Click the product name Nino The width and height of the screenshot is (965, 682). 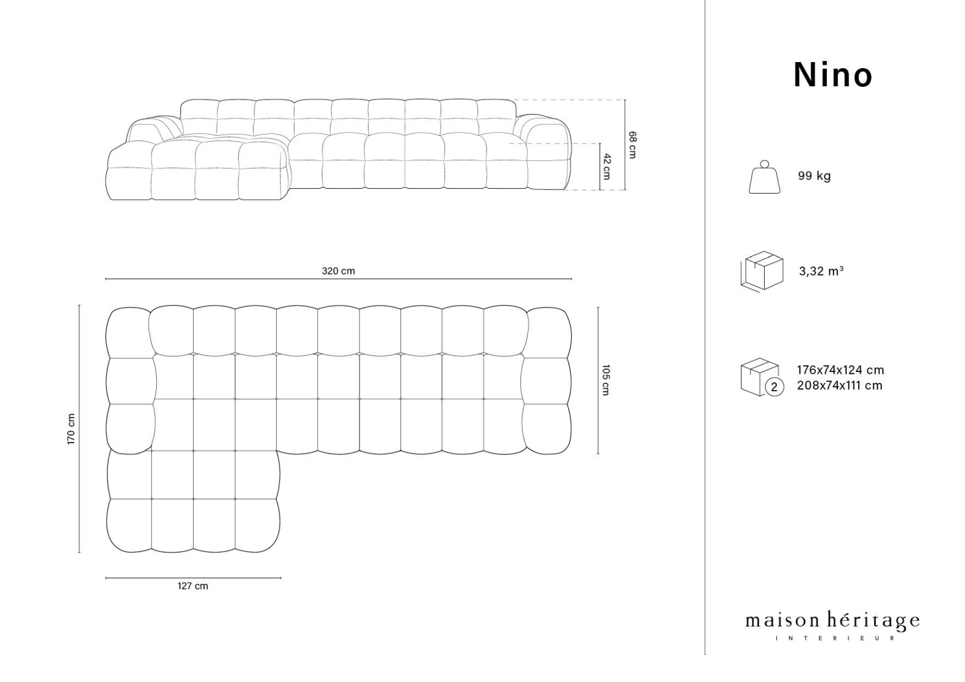[x=833, y=75]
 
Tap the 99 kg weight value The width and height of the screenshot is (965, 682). [x=814, y=176]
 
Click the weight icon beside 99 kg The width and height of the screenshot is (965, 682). [x=765, y=177]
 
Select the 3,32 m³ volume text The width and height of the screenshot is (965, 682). [x=821, y=271]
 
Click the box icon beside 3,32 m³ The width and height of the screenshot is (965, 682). [x=762, y=271]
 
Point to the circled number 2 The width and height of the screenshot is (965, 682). [x=774, y=387]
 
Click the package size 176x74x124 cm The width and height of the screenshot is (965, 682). [x=840, y=370]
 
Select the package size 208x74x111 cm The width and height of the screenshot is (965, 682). [x=839, y=385]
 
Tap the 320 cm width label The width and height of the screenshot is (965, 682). [x=338, y=271]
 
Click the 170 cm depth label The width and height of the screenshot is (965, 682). [x=72, y=429]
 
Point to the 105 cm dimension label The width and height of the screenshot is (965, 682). [x=606, y=380]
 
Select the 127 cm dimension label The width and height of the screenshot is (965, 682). [x=192, y=586]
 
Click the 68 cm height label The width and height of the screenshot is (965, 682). [x=632, y=145]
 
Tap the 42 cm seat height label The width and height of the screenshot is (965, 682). [x=607, y=166]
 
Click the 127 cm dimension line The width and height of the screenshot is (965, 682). [x=194, y=578]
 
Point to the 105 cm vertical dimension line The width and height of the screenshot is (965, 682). [x=598, y=380]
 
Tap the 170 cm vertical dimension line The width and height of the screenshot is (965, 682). [x=79, y=429]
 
